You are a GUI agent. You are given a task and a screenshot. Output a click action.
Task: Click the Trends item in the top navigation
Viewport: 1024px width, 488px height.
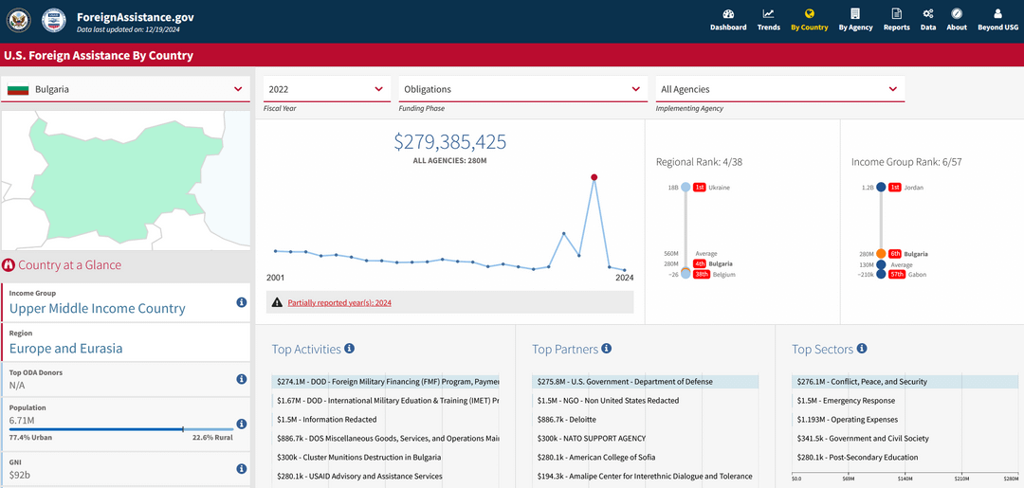click(x=768, y=20)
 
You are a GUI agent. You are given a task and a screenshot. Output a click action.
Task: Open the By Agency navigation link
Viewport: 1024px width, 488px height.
click(x=855, y=20)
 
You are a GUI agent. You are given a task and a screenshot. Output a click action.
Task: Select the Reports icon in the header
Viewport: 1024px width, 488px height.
click(x=897, y=13)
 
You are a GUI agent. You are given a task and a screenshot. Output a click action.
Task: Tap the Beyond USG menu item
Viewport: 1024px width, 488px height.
click(x=997, y=20)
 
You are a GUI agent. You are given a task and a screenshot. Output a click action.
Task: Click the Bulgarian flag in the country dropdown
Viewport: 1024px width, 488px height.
click(x=18, y=89)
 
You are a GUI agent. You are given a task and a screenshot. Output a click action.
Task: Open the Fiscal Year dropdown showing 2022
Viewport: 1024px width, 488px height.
click(x=327, y=89)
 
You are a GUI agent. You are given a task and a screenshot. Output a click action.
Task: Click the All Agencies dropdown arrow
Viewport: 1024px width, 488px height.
click(x=893, y=89)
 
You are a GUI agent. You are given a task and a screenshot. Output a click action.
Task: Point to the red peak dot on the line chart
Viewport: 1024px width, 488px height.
click(x=594, y=177)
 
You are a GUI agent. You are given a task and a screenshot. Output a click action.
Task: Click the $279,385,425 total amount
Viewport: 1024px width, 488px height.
click(x=450, y=141)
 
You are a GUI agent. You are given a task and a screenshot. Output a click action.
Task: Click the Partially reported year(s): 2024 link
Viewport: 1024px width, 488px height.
click(x=339, y=302)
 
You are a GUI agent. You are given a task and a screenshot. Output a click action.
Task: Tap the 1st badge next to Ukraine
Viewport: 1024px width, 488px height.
click(x=700, y=188)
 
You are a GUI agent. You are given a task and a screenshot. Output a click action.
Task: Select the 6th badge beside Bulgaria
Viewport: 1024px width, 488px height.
click(x=895, y=254)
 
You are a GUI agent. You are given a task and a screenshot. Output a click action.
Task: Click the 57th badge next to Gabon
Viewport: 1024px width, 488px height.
click(x=897, y=275)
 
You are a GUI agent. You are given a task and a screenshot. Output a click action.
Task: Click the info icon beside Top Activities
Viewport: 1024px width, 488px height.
click(x=349, y=349)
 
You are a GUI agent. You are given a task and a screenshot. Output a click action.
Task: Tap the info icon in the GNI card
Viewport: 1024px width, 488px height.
click(x=241, y=468)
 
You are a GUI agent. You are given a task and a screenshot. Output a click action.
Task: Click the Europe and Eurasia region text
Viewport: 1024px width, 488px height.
click(x=66, y=349)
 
